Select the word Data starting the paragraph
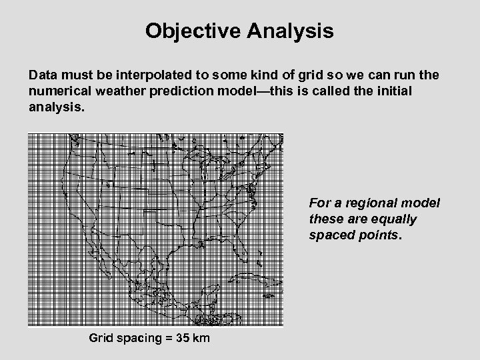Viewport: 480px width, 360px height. (43, 77)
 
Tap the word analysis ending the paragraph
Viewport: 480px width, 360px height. (57, 106)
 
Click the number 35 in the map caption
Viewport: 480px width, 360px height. (177, 338)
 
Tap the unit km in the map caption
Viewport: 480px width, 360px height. (199, 338)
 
